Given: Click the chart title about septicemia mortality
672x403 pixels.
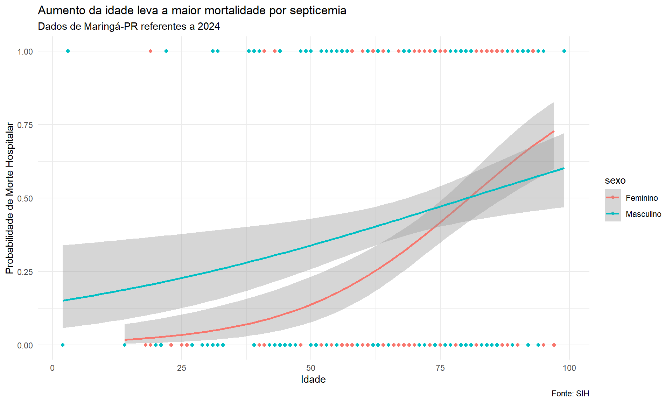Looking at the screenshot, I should point(192,10).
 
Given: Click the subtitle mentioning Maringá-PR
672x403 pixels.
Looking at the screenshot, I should point(129,27).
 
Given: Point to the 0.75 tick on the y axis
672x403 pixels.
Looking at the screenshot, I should point(25,125).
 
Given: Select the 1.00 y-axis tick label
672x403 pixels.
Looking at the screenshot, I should point(25,51).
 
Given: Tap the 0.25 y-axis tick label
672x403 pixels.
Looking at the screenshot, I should point(25,272).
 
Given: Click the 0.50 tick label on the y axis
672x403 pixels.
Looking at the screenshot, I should point(25,198).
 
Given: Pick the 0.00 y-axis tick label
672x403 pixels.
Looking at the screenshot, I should point(25,345).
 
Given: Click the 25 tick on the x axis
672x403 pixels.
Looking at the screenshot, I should point(181,368).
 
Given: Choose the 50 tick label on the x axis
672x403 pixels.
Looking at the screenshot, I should point(311,368).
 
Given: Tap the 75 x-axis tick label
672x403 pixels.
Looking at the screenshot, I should point(440,368).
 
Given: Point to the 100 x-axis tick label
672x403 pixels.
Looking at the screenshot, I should point(569,368).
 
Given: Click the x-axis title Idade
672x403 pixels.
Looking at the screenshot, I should point(313,380).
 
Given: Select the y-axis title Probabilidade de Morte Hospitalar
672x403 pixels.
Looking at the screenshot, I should point(10,198).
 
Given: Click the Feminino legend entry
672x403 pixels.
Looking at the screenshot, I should point(642,198).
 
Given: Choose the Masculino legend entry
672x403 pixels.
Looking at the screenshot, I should point(643,214).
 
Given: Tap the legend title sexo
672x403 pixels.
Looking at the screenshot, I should point(615,181).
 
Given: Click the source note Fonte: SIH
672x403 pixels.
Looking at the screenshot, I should point(570,394).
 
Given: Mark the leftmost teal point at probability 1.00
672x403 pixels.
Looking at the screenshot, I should point(68,51).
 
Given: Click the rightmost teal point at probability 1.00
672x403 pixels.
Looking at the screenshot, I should point(564,51).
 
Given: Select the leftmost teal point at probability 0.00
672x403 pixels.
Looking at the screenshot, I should point(63,345).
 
